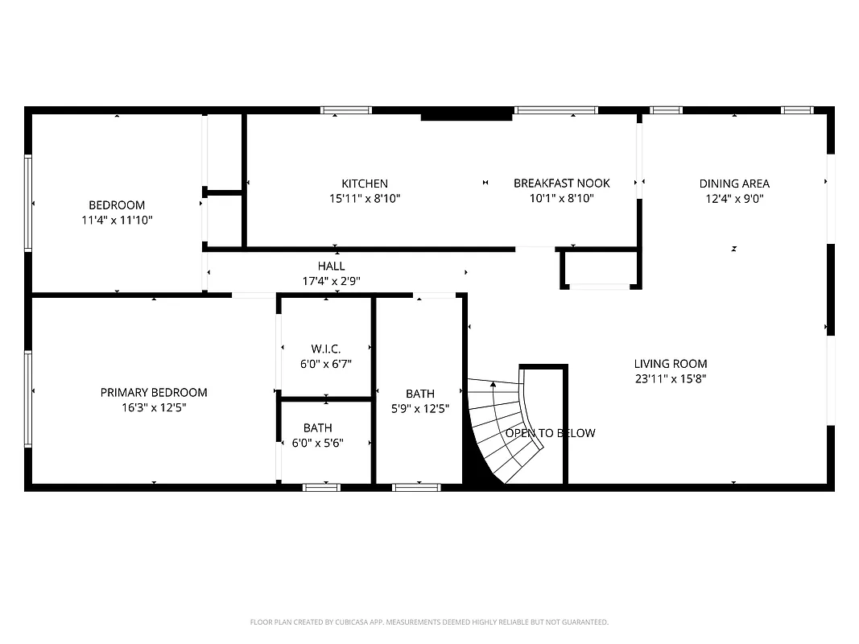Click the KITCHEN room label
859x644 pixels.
click(364, 184)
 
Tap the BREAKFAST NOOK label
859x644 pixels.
click(561, 183)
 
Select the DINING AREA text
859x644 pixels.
click(733, 184)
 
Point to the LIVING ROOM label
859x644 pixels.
click(670, 364)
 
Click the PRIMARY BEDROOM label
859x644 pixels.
click(153, 393)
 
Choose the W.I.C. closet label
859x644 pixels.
click(326, 349)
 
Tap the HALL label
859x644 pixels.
click(331, 266)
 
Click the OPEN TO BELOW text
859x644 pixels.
click(550, 433)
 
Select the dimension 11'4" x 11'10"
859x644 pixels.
click(117, 220)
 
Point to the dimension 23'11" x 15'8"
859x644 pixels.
click(670, 378)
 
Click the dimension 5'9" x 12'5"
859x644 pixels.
click(419, 408)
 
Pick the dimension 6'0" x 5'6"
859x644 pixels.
click(317, 443)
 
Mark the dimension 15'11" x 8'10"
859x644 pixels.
click(364, 198)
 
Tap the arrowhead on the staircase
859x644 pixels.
click(493, 385)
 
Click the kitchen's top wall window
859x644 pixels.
click(345, 110)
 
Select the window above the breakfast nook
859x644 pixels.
click(555, 110)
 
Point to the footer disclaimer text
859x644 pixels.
click(429, 622)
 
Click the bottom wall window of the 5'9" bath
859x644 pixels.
click(415, 487)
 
